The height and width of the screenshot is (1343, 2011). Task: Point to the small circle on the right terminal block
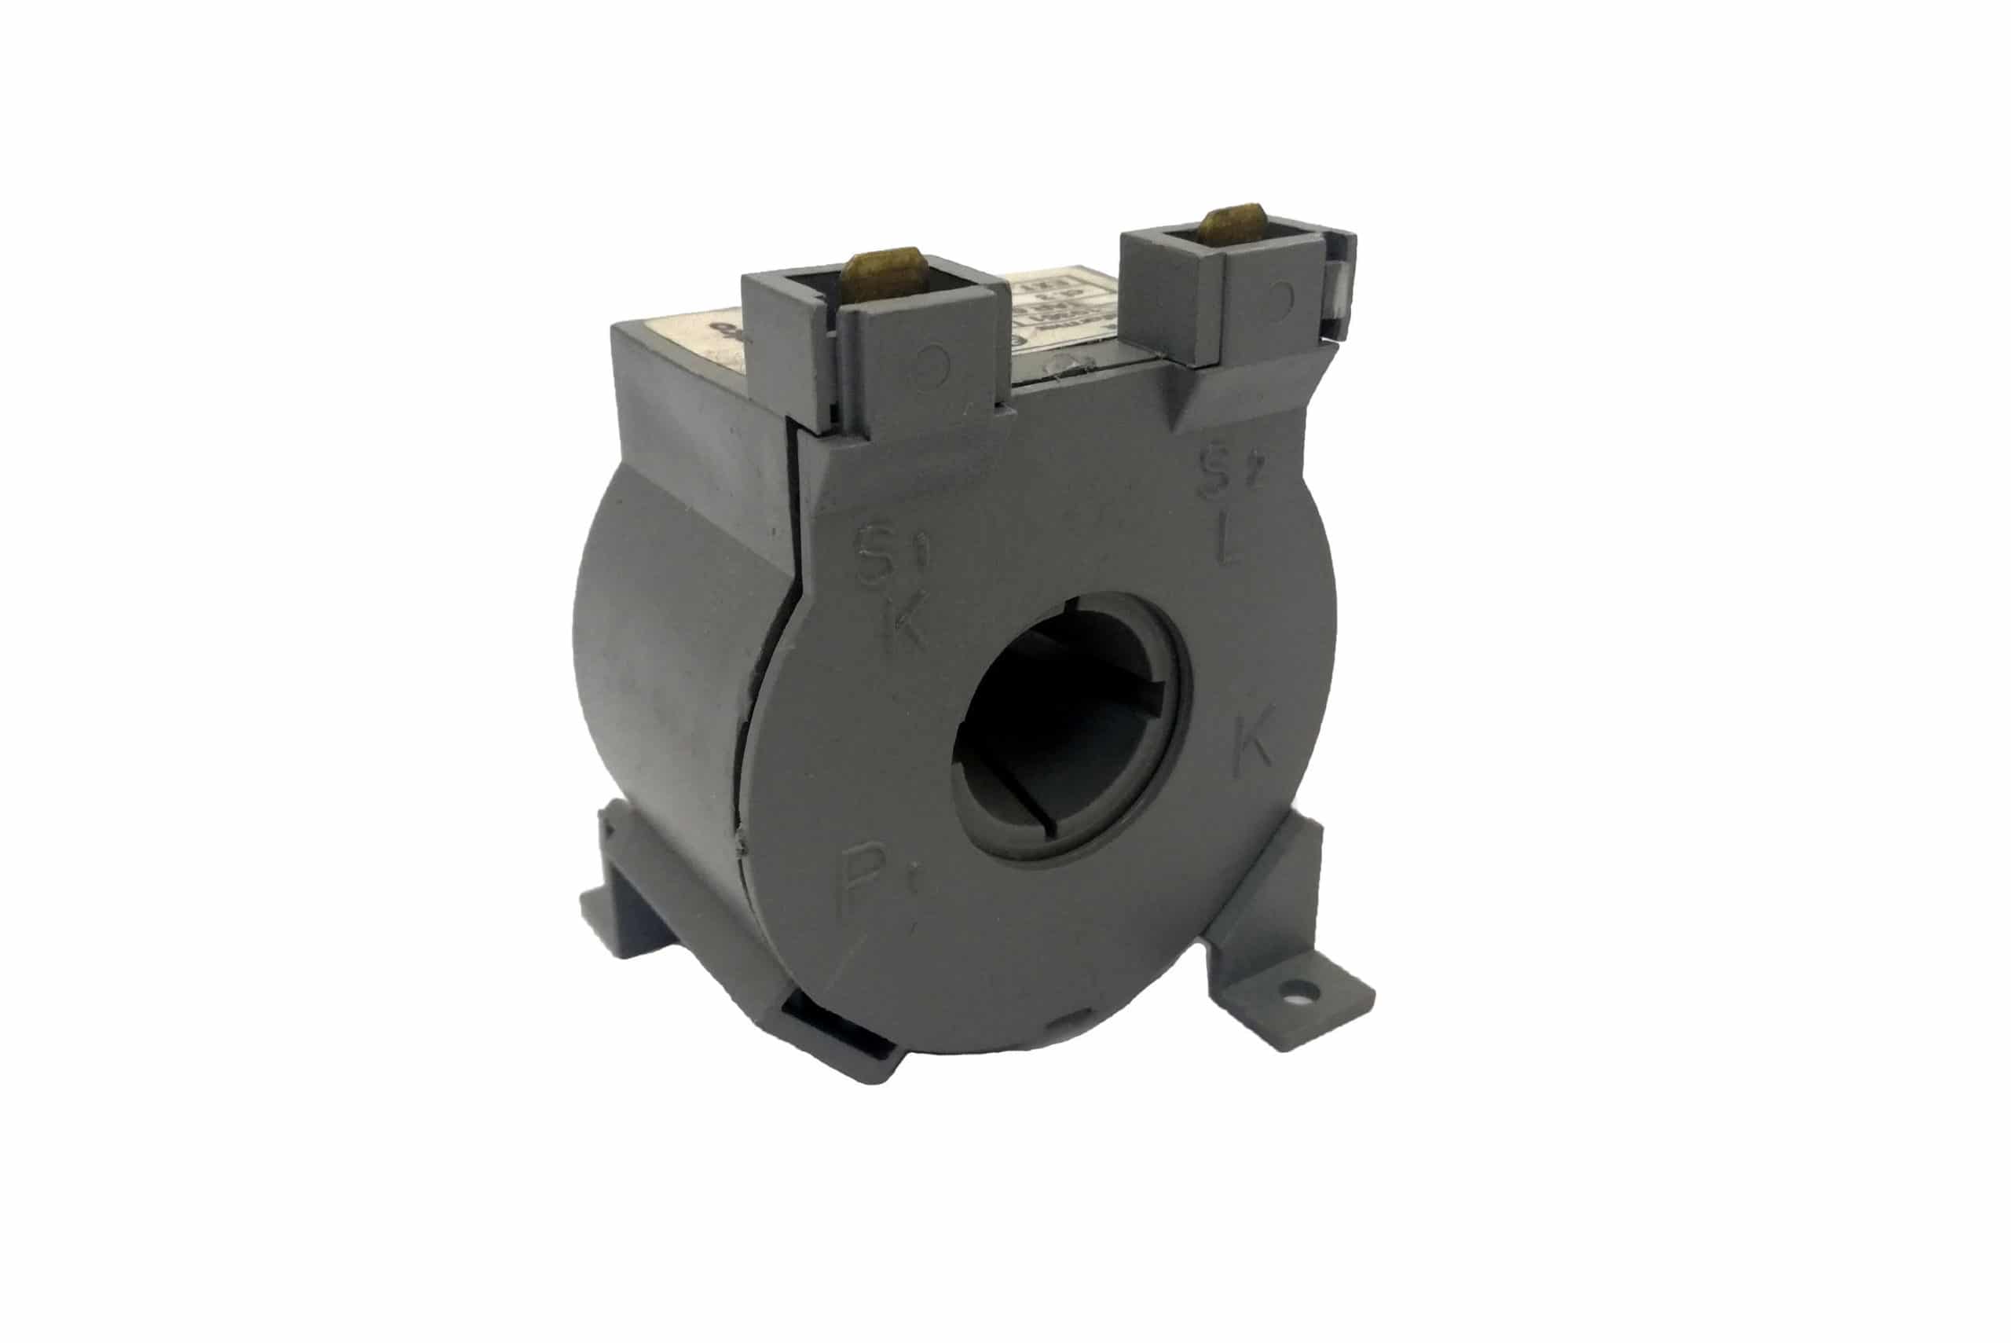(1284, 295)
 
